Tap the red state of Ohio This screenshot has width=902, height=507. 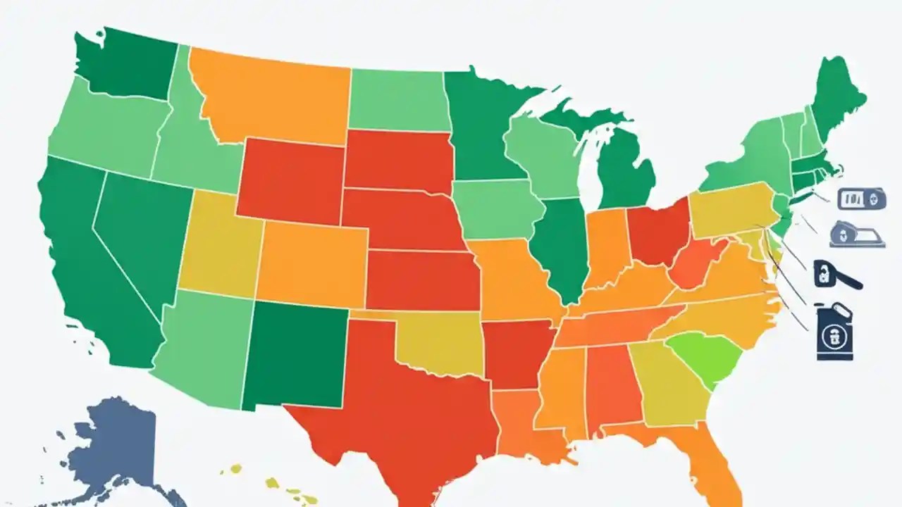pyautogui.click(x=659, y=232)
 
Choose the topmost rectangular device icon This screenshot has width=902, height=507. pyautogui.click(x=861, y=199)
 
